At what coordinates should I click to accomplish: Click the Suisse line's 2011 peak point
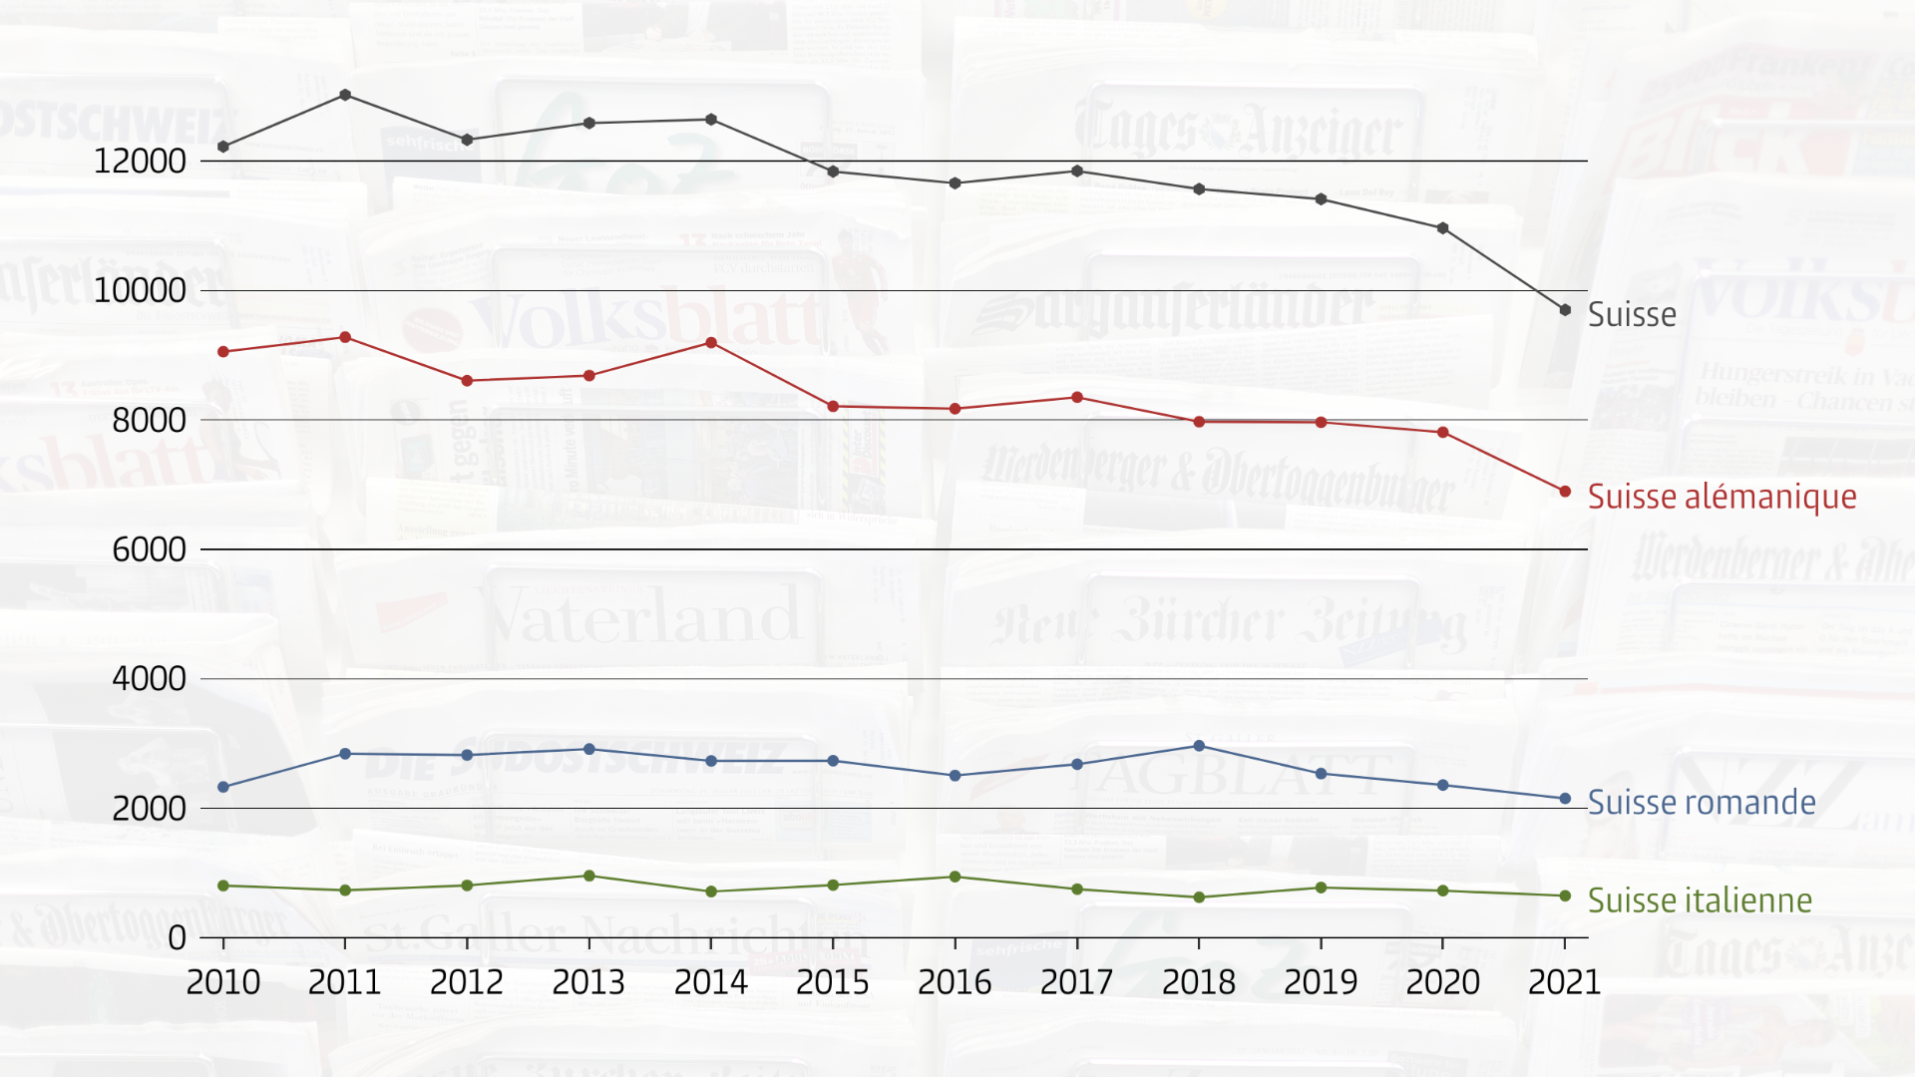coord(345,95)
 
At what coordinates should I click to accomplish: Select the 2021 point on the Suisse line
coord(1565,310)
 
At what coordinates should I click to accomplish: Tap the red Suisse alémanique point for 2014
coord(711,343)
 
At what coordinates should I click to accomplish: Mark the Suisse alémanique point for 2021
coord(1565,492)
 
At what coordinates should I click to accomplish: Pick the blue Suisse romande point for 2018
coord(1199,746)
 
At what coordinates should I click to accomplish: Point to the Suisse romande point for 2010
coord(223,787)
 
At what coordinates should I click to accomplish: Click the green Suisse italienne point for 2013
coord(589,876)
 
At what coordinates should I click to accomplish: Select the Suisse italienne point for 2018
coord(1199,897)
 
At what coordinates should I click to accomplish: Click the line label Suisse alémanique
coord(1722,497)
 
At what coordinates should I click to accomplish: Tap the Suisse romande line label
coord(1701,802)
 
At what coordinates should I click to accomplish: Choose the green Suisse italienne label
coord(1700,900)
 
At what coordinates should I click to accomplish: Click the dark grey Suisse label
coord(1632,315)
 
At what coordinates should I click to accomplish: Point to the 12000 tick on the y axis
coord(140,162)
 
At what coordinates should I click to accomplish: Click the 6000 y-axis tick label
coord(149,549)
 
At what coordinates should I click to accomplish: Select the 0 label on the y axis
coord(177,937)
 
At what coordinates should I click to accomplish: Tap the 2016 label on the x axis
coord(955,982)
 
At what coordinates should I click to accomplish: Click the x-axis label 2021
coord(1564,982)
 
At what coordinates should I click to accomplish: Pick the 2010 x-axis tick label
coord(223,982)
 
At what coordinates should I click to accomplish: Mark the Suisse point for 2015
coord(833,172)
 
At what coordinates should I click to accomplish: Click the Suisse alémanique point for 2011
coord(345,337)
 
